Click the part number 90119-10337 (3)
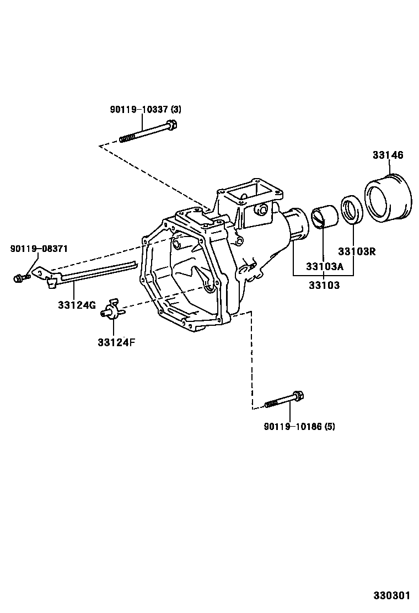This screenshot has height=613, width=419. pyautogui.click(x=146, y=110)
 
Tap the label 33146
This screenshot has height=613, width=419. pyautogui.click(x=388, y=155)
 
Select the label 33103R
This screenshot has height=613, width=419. pyautogui.click(x=357, y=251)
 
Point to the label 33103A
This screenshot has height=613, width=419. pyautogui.click(x=324, y=267)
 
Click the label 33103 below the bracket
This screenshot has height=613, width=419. pyautogui.click(x=324, y=286)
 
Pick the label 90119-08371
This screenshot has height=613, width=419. pyautogui.click(x=39, y=248)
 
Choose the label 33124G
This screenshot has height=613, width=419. pyautogui.click(x=77, y=305)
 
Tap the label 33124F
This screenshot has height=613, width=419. pyautogui.click(x=116, y=342)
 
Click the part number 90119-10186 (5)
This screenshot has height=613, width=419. pyautogui.click(x=299, y=426)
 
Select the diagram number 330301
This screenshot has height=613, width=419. pyautogui.click(x=391, y=595)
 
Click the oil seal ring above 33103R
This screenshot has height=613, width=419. pyautogui.click(x=352, y=211)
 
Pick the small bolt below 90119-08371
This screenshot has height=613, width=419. pyautogui.click(x=21, y=278)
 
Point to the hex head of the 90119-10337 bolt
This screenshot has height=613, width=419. pyautogui.click(x=171, y=125)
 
